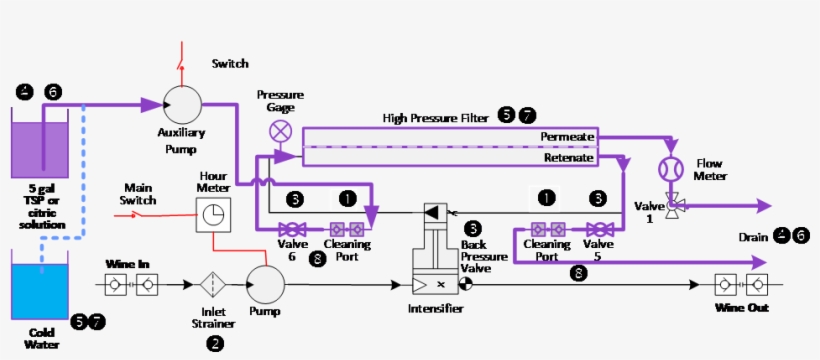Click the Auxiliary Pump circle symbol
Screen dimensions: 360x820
pos(182,104)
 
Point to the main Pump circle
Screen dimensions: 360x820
pos(264,284)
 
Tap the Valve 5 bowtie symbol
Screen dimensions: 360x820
pos(598,228)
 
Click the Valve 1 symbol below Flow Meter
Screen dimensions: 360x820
pos(673,204)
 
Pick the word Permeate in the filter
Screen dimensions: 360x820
pos(567,136)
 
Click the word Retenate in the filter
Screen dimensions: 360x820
pos(569,158)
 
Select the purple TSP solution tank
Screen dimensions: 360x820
pos(39,150)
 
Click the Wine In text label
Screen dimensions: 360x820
pos(128,265)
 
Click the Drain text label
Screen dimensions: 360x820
pos(753,236)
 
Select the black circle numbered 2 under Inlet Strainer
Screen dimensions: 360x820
pos(214,343)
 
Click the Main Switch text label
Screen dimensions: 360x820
pos(144,194)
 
